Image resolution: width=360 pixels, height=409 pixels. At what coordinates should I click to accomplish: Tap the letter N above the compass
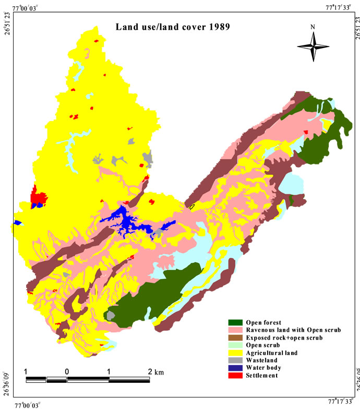point(313,27)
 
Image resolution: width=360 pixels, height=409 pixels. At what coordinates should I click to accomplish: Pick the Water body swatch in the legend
point(236,368)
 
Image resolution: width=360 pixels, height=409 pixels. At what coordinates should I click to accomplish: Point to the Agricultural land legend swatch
point(236,353)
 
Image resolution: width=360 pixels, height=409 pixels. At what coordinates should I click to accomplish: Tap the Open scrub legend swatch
point(236,345)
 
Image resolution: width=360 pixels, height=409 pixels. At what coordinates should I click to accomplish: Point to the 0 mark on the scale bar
point(67,372)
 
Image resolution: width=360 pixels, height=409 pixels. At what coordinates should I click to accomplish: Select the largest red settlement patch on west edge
point(39,198)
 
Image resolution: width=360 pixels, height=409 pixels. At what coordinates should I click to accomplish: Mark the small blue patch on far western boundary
point(17,223)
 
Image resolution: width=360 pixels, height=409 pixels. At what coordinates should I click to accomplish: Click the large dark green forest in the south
point(151,298)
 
